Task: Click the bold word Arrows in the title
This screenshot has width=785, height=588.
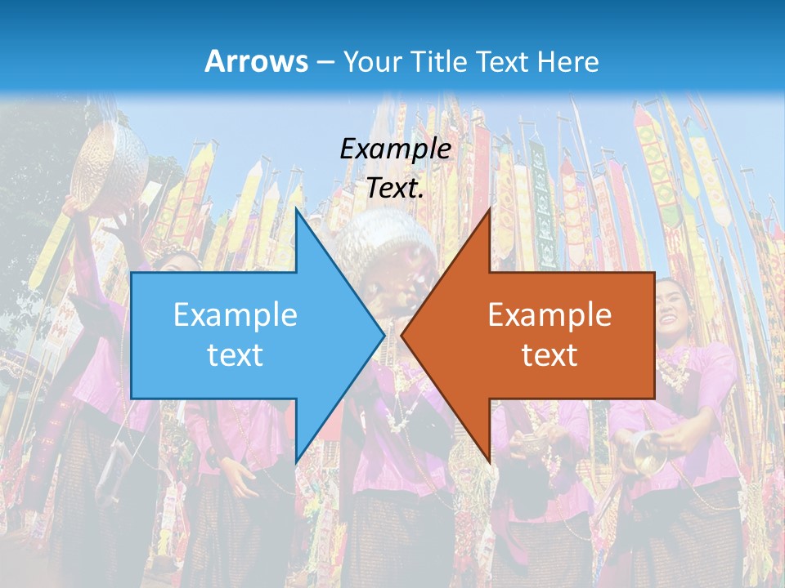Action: [257, 61]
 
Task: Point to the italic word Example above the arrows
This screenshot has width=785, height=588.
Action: [395, 149]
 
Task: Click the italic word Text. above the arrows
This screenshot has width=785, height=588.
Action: [395, 188]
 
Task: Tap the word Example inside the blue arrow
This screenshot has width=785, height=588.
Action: [235, 314]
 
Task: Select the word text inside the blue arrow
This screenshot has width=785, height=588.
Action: [235, 354]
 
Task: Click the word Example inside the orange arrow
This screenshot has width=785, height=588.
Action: [549, 314]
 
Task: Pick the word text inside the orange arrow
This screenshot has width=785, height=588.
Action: [549, 354]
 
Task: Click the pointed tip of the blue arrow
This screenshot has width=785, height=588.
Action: [384, 335]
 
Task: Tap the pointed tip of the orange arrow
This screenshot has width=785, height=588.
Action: [402, 335]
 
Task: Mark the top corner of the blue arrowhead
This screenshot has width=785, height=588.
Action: [296, 210]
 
